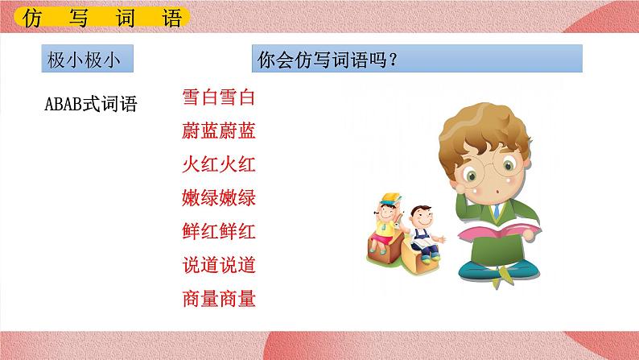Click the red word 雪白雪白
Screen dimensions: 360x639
pos(219,99)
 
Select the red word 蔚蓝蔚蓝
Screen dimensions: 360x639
pos(219,132)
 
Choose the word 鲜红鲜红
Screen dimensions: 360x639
pos(219,232)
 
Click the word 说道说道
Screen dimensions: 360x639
pos(219,265)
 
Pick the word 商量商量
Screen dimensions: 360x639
pos(219,299)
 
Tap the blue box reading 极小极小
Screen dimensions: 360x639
pos(87,60)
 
